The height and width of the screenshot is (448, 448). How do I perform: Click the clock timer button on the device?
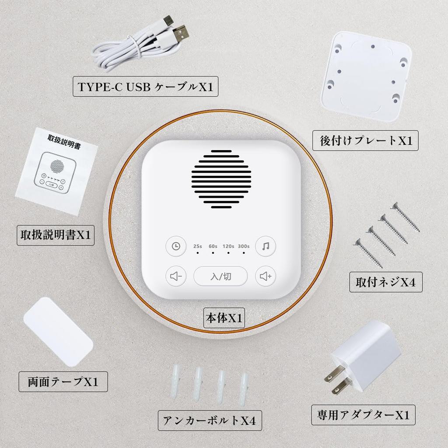click(x=175, y=246)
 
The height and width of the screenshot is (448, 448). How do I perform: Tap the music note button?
click(x=266, y=246)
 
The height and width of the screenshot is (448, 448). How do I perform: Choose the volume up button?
click(x=266, y=276)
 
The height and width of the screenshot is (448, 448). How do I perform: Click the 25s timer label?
click(x=198, y=246)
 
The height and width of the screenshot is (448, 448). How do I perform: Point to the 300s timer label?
click(x=244, y=246)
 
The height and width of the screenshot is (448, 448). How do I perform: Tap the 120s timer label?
click(x=228, y=246)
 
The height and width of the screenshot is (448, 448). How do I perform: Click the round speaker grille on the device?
click(x=221, y=179)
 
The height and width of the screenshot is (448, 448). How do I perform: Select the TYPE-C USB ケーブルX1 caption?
click(x=145, y=87)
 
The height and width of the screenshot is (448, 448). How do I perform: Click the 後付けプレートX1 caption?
click(x=365, y=141)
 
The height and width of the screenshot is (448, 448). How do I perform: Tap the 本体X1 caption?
click(x=224, y=318)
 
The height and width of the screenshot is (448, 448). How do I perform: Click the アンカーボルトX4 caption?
click(x=209, y=420)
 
